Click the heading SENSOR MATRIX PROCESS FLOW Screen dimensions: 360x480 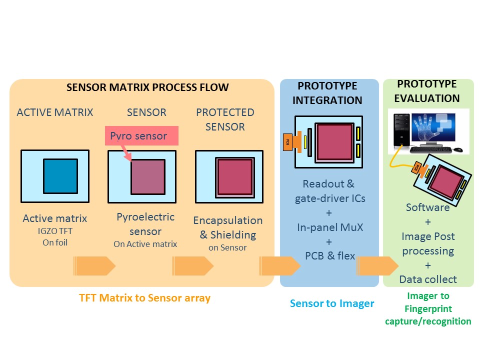pyautogui.click(x=147, y=88)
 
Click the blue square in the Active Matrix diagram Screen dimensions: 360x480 pyautogui.click(x=60, y=176)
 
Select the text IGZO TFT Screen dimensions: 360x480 pyautogui.click(x=55, y=231)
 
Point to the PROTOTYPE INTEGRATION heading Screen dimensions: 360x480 pyautogui.click(x=327, y=93)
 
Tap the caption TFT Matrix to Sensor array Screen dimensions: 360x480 pyautogui.click(x=144, y=298)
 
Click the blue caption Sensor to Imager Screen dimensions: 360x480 pyautogui.click(x=332, y=303)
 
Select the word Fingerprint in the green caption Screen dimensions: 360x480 pyautogui.click(x=428, y=308)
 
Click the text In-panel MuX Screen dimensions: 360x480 pyautogui.click(x=329, y=227)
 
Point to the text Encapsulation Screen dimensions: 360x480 pyautogui.click(x=227, y=220)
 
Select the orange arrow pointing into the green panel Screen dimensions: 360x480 pyautogui.click(x=375, y=265)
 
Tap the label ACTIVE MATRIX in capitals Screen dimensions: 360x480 pyautogui.click(x=55, y=112)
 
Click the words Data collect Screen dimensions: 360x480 pyautogui.click(x=428, y=279)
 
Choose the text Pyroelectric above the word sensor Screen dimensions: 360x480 pyautogui.click(x=145, y=217)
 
